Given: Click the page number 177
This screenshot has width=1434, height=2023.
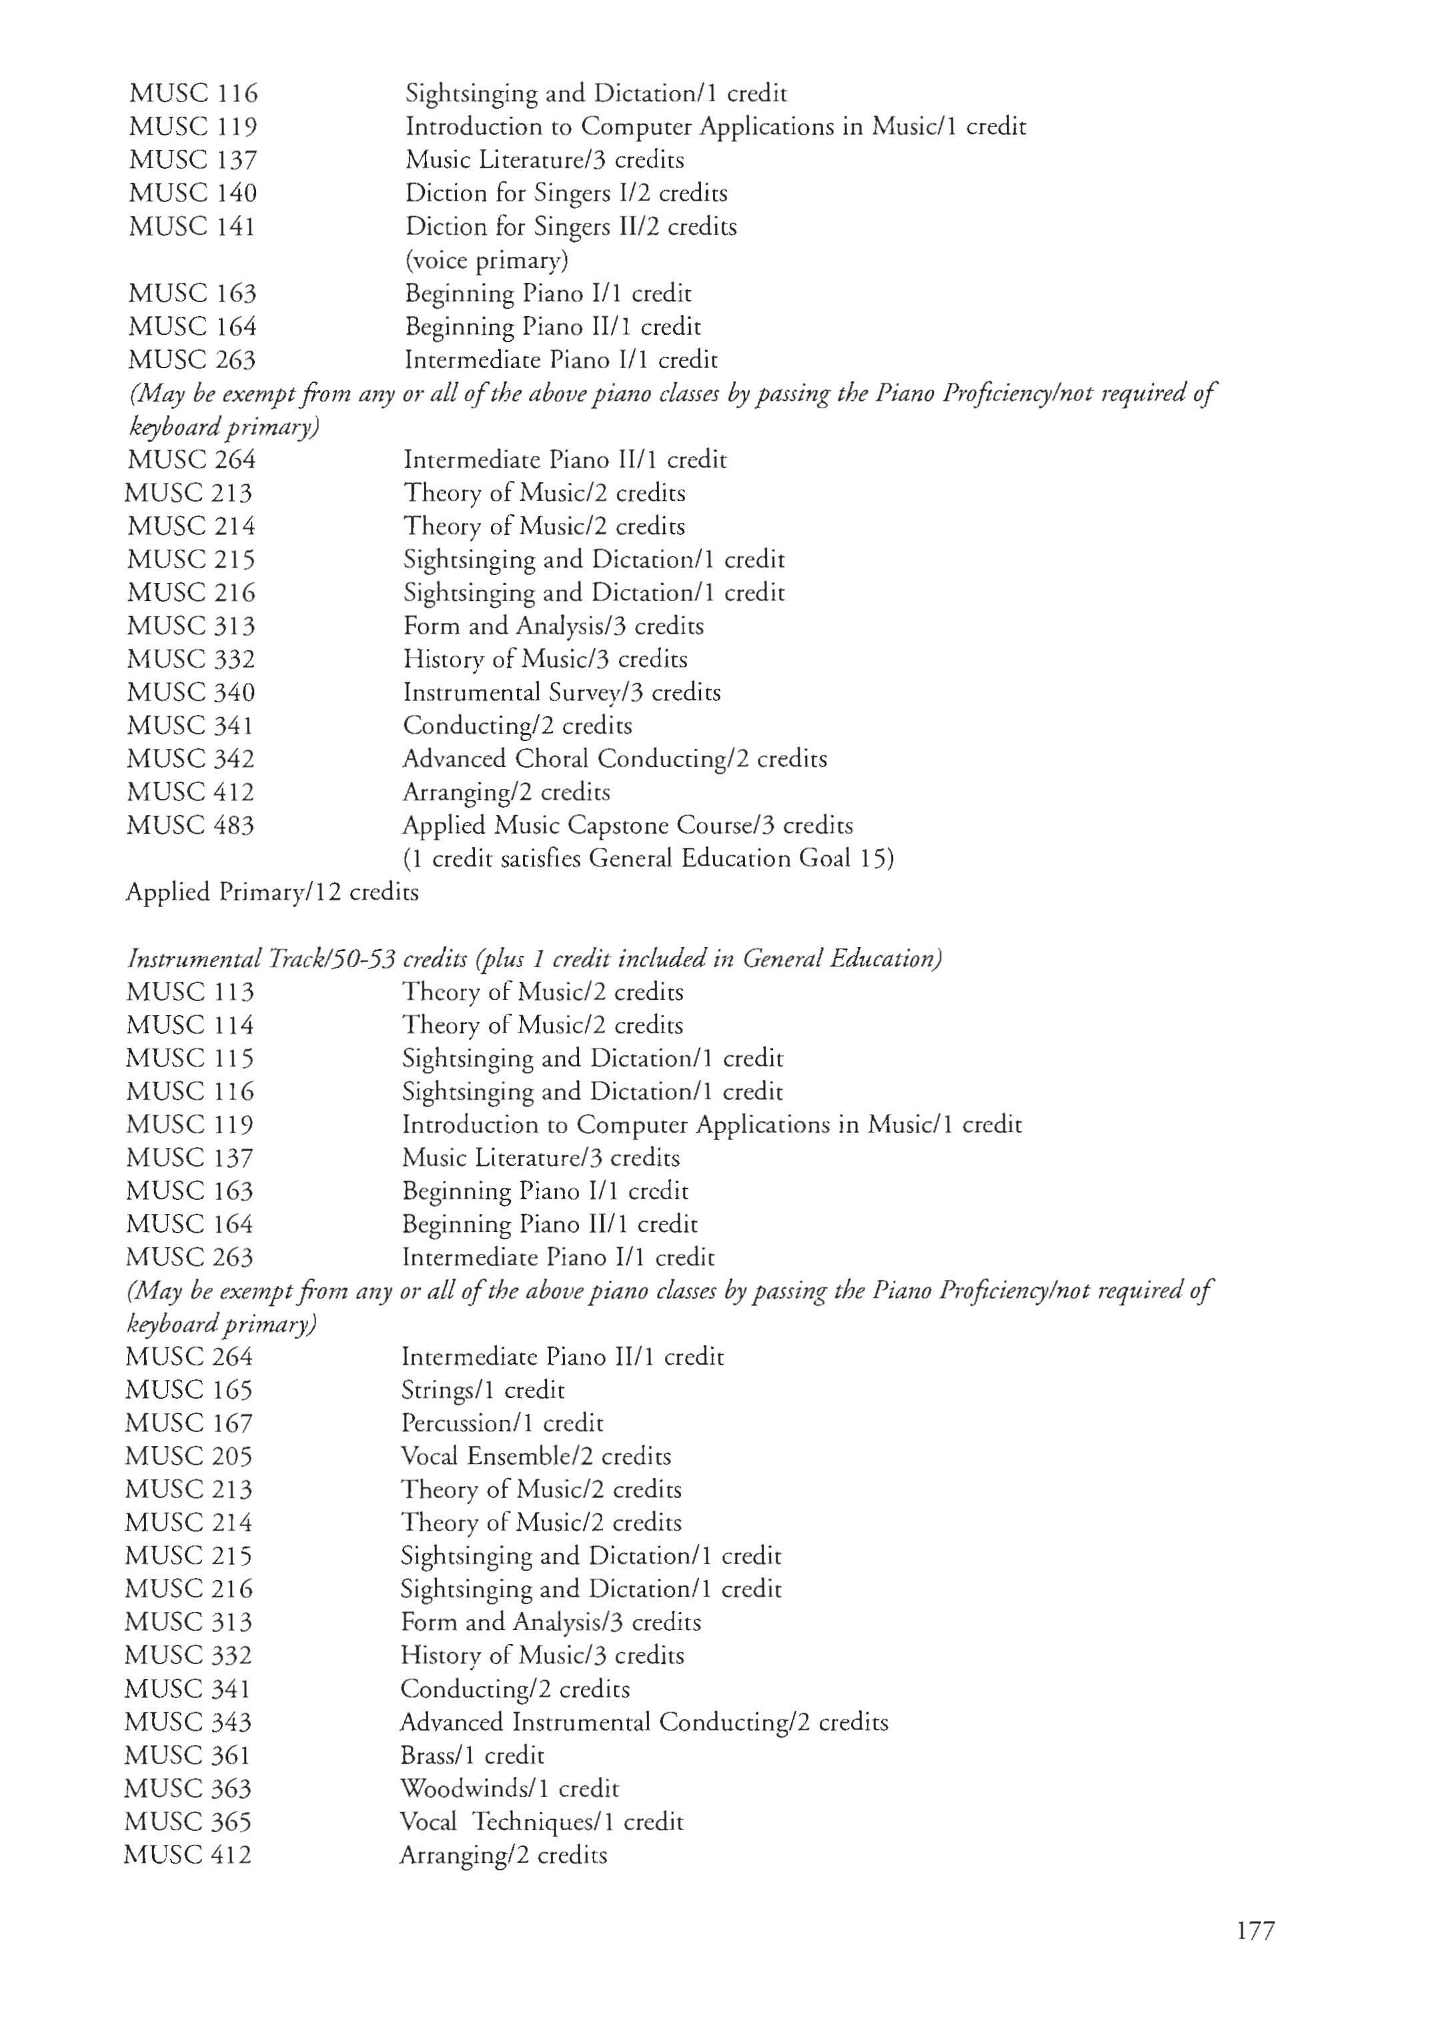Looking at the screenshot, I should (1255, 1931).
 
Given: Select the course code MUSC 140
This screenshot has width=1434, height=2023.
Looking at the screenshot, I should (193, 193).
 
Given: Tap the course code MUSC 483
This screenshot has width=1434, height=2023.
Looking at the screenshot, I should (191, 826).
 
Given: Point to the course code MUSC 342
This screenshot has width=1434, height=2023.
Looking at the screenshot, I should (191, 760).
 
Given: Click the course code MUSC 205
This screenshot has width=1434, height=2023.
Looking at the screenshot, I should (189, 1457).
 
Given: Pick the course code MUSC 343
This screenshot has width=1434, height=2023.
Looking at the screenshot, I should (188, 1723).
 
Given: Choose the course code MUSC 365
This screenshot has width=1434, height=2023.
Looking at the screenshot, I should (188, 1822).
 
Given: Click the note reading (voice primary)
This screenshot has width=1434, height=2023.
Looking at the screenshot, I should (486, 261).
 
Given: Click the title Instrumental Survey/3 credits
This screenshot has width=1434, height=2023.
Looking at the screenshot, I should (562, 692).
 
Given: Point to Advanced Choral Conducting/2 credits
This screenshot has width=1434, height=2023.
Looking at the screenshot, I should (614, 760).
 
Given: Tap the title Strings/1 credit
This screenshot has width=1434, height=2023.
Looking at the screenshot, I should (483, 1391).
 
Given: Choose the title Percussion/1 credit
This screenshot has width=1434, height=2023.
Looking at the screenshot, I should (502, 1423).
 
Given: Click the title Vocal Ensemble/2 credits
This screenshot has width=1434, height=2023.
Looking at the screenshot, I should (536, 1457).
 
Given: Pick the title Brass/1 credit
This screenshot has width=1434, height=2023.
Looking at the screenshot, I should (472, 1756).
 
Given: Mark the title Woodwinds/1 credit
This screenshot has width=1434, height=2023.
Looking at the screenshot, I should (510, 1789).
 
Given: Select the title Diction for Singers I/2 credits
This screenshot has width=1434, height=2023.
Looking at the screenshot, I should (566, 193).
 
